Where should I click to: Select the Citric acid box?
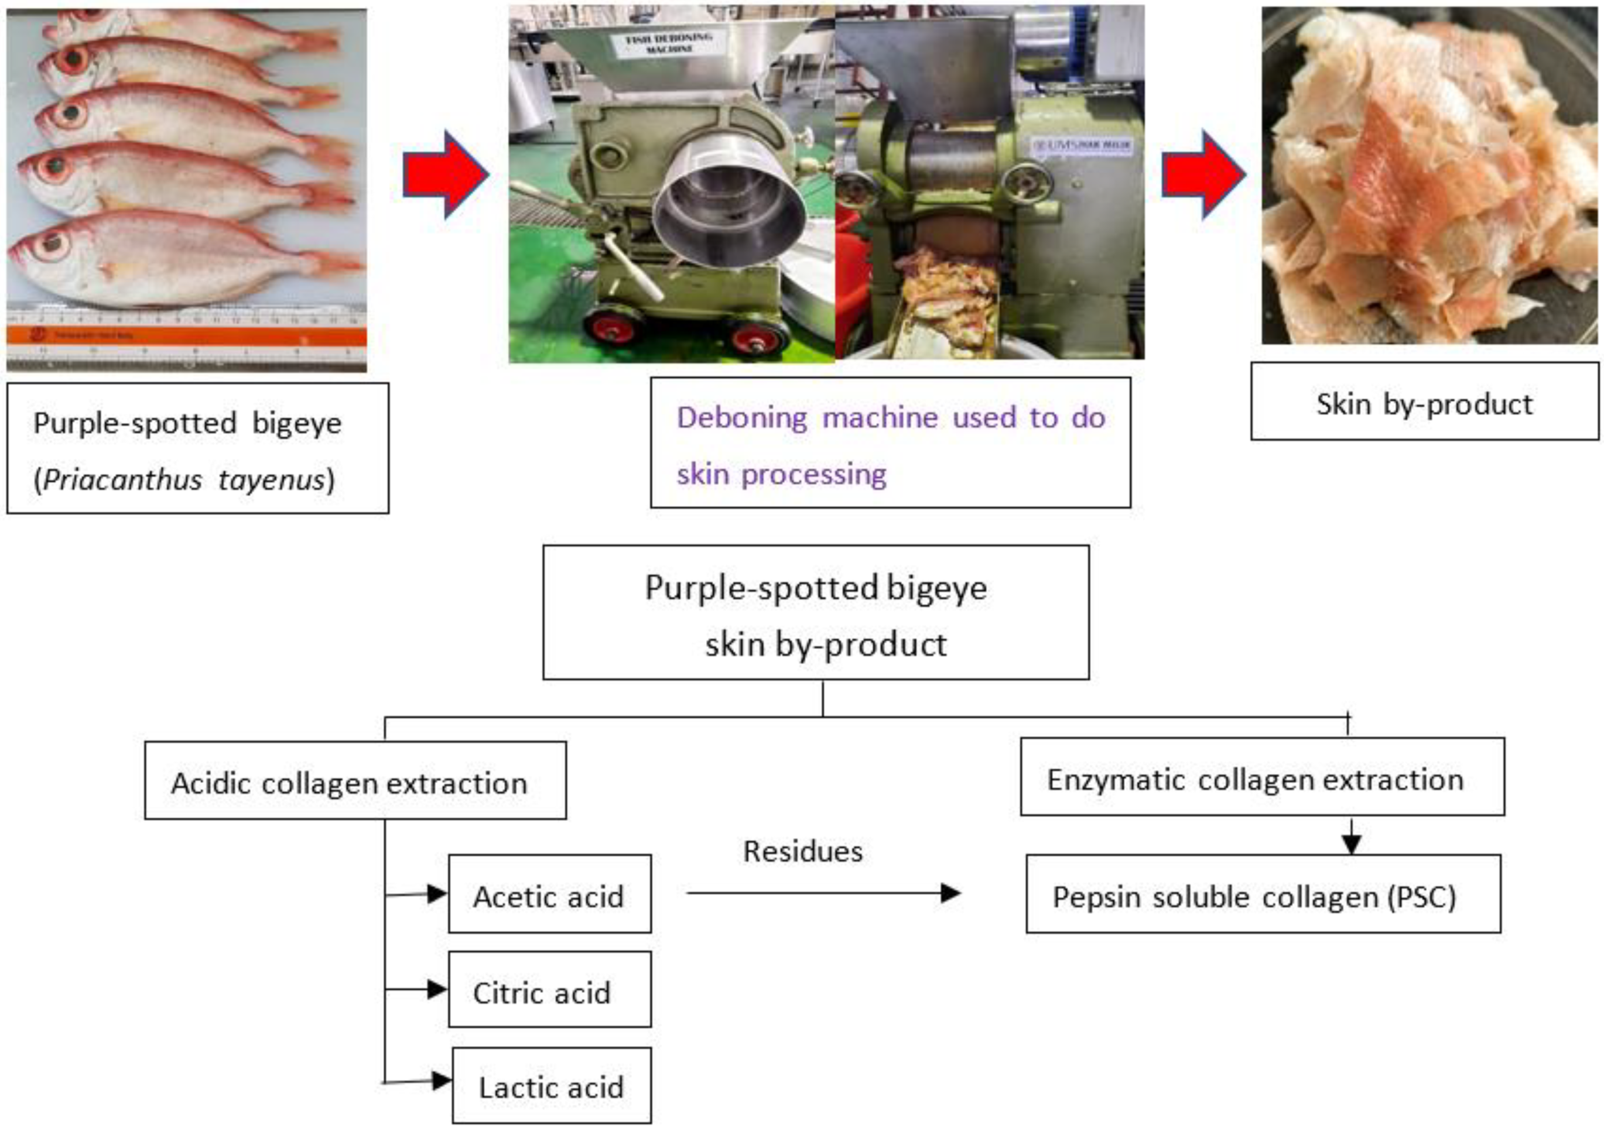click(549, 989)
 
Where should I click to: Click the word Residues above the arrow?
click(803, 851)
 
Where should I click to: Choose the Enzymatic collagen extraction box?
click(1261, 777)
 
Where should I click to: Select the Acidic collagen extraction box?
click(355, 780)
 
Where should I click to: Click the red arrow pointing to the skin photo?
click(1203, 174)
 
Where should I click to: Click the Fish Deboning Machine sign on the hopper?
click(669, 42)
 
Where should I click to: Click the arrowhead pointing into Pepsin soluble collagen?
click(1351, 845)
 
